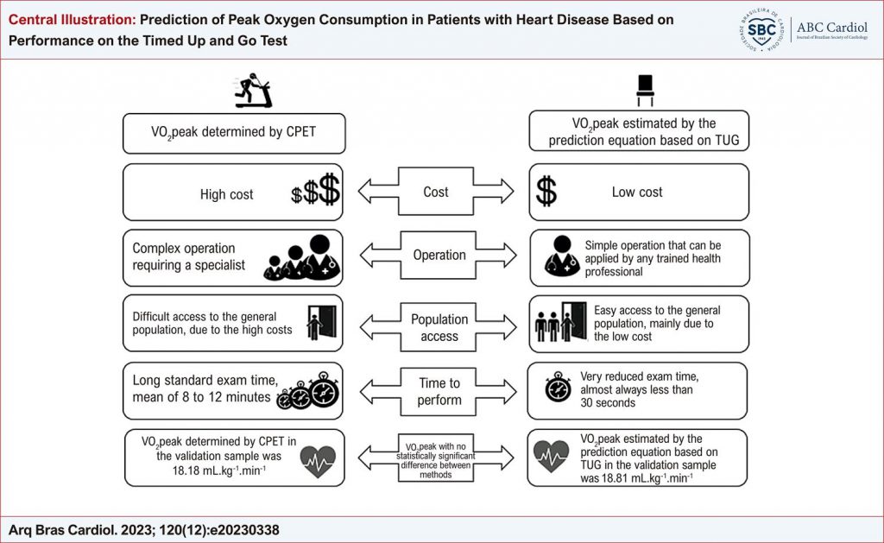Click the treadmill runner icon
tap(253, 91)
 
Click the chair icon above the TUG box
tap(645, 91)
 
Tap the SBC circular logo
tap(761, 29)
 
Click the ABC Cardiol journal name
tap(831, 27)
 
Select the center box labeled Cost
tap(436, 191)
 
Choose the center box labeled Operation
tap(439, 255)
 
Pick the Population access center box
tap(439, 327)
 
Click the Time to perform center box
tap(439, 391)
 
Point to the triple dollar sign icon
tap(316, 190)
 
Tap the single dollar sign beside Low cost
tap(546, 191)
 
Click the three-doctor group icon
tap(302, 257)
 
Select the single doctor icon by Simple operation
tap(561, 256)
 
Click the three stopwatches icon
tap(308, 390)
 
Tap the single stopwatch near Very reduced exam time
tap(558, 387)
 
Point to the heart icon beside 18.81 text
tap(551, 457)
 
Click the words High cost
tap(227, 194)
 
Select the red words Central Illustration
tap(73, 20)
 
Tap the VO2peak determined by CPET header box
tap(234, 133)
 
